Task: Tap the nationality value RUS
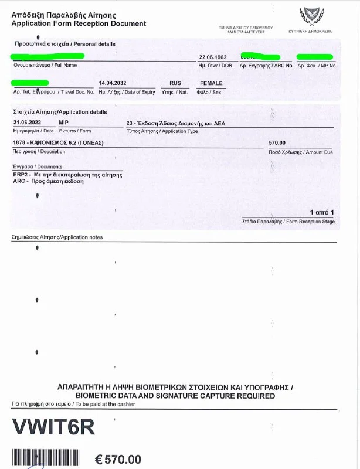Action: point(175,84)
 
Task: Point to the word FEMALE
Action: point(211,84)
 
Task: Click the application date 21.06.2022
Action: point(25,121)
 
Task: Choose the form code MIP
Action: point(64,121)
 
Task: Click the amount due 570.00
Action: point(277,143)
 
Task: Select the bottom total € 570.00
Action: point(118,459)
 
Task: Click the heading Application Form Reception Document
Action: point(79,23)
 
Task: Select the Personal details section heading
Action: point(64,44)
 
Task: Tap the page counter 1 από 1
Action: point(322,212)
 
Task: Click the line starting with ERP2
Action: point(67,175)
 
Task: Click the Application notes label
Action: point(57,237)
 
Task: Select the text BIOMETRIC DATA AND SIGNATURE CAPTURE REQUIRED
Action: point(175,396)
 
